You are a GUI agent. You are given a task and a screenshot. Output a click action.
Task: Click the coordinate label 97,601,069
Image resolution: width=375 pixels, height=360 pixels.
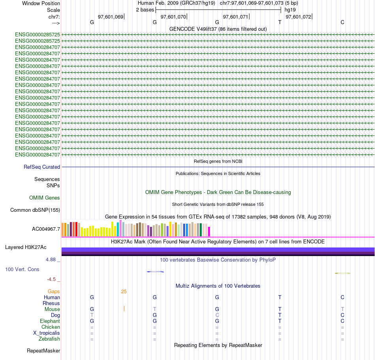click(x=111, y=17)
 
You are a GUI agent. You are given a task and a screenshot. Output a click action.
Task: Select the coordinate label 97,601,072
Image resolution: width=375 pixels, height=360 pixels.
click(x=298, y=17)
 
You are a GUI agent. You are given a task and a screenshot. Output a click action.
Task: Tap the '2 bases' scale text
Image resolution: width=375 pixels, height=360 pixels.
click(x=145, y=9)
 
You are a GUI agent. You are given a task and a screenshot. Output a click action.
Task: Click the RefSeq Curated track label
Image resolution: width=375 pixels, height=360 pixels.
click(x=42, y=167)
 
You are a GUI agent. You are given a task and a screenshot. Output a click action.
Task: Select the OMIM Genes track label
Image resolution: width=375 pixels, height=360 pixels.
click(x=45, y=198)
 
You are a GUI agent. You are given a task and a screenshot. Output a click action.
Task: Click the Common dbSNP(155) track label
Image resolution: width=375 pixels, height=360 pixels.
click(x=35, y=210)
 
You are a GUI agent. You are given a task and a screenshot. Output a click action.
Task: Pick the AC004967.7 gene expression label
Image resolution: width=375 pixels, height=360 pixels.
click(x=46, y=229)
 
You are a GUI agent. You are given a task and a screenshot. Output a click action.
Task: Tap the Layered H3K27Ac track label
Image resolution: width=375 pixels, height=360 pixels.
click(x=26, y=247)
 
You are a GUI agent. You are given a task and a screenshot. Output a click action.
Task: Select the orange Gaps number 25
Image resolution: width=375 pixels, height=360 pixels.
click(x=124, y=292)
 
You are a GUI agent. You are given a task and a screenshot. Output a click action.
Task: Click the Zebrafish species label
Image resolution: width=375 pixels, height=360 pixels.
click(x=49, y=339)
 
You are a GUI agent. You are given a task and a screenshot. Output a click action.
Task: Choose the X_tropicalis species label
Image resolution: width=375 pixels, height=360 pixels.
click(x=47, y=333)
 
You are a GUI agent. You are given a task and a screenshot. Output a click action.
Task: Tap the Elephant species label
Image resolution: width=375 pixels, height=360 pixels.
click(x=50, y=321)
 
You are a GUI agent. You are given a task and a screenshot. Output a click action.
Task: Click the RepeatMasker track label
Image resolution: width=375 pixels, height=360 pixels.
click(x=43, y=351)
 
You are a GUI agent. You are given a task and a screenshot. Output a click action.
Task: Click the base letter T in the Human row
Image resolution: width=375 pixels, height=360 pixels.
click(x=279, y=297)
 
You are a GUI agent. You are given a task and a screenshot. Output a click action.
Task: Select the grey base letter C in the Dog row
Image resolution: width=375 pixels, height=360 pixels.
click(x=217, y=315)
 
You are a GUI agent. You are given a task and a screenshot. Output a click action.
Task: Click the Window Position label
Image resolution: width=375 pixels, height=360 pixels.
click(x=41, y=3)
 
